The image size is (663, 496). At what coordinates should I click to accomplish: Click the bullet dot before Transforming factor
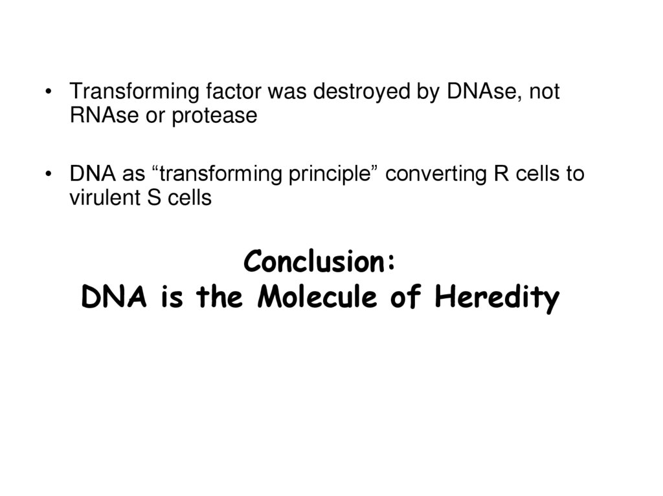48,92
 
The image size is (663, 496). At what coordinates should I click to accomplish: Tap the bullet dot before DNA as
48,175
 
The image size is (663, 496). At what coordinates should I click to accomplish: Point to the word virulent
101,198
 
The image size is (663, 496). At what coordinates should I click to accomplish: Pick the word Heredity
497,299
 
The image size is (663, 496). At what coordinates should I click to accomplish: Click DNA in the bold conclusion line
107,298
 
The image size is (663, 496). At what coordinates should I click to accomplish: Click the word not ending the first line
544,92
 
